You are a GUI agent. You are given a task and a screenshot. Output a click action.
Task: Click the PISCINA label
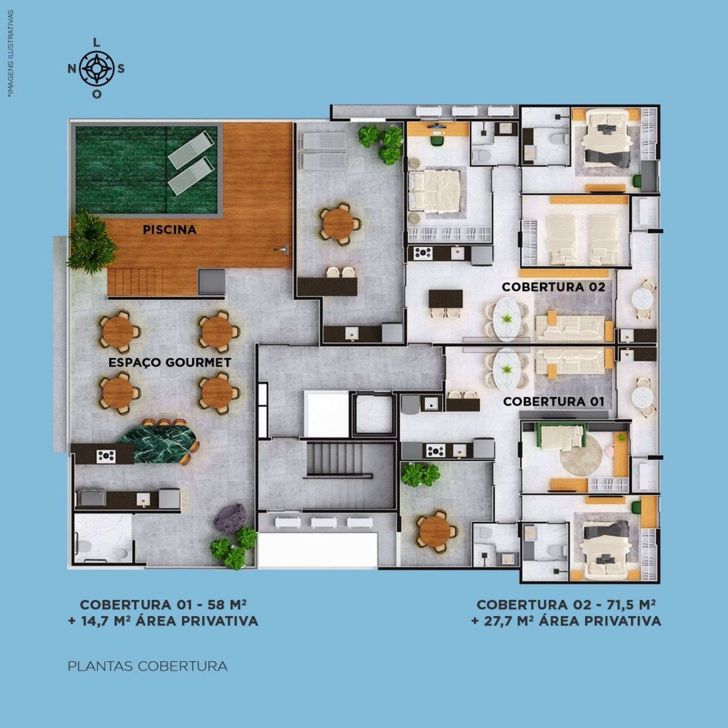click(x=169, y=229)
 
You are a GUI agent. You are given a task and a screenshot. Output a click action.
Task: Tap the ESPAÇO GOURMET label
click(x=169, y=362)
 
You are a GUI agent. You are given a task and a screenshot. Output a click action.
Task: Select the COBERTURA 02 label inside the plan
click(x=554, y=287)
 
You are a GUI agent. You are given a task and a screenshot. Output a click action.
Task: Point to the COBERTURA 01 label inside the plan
click(x=554, y=402)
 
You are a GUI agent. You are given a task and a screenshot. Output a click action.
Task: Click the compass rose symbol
click(x=97, y=69)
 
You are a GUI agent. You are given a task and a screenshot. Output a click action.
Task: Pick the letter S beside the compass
click(x=121, y=69)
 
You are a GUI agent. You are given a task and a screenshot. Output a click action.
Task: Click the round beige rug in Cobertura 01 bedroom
click(x=581, y=455)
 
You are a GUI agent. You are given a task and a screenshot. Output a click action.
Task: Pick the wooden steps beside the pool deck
click(x=135, y=281)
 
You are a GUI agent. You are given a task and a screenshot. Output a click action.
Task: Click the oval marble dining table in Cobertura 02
click(x=507, y=317)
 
